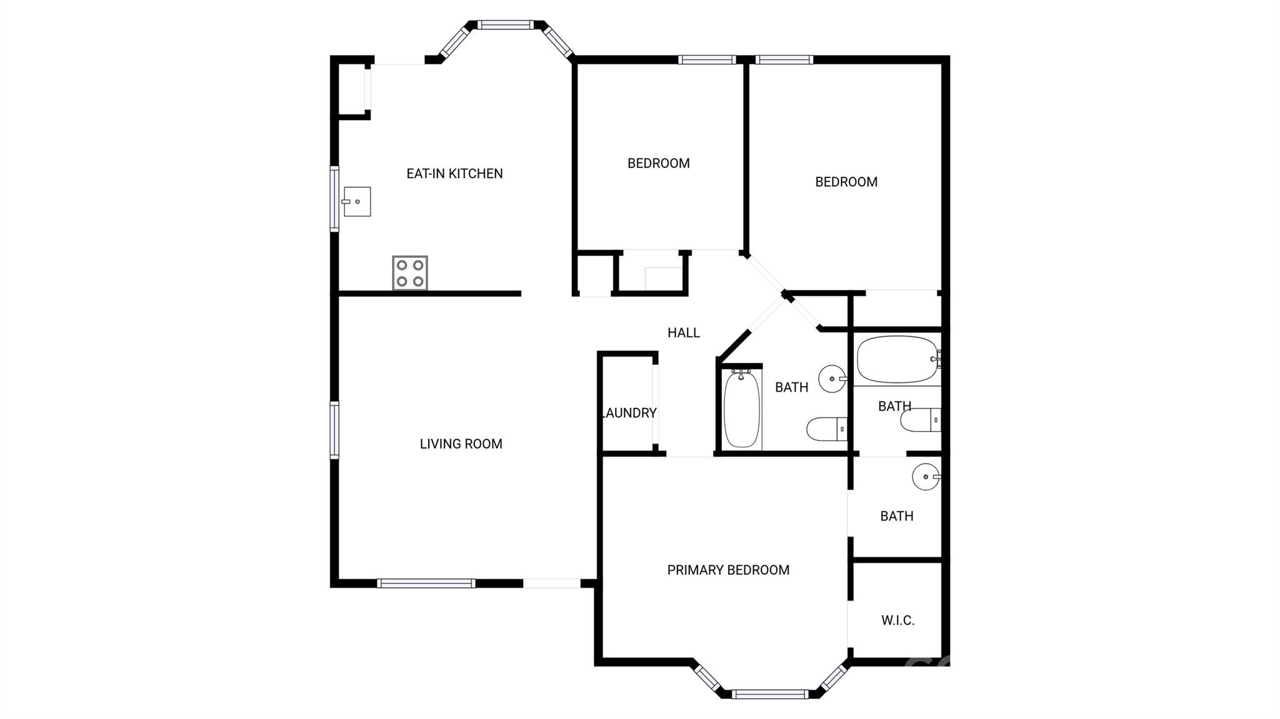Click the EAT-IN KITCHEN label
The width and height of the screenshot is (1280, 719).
tap(454, 174)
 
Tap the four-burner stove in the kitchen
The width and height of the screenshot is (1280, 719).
tap(410, 273)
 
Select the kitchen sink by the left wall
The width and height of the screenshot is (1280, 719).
tap(356, 202)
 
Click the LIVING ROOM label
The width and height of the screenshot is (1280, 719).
tap(461, 444)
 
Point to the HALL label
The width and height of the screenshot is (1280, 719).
tap(684, 333)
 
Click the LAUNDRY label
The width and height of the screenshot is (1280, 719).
tap(629, 413)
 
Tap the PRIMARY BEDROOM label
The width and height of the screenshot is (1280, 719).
tap(728, 570)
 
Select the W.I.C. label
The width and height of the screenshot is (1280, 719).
tap(898, 620)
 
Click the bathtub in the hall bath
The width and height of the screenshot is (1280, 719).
tap(742, 409)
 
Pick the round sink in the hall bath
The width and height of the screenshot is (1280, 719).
tap(832, 379)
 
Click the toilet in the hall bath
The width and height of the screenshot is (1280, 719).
tap(827, 429)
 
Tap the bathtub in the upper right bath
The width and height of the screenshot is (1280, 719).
tap(899, 360)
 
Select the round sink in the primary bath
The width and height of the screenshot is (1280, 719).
tap(926, 477)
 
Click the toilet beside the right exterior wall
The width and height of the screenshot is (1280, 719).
tap(921, 420)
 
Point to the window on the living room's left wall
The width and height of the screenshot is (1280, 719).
tap(335, 430)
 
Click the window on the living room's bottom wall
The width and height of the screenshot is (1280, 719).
tap(426, 583)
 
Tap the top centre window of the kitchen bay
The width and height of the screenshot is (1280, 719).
tap(506, 25)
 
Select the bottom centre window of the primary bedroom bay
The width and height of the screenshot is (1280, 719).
tap(770, 694)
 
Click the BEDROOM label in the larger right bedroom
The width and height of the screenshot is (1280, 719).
tap(846, 182)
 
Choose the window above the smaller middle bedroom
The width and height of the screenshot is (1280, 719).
tap(707, 60)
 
